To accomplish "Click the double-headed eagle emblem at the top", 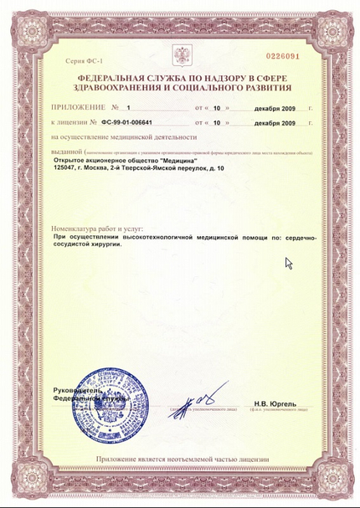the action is [182, 57].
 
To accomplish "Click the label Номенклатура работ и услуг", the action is [97, 228].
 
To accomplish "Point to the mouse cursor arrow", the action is [289, 263].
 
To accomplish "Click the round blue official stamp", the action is [98, 413].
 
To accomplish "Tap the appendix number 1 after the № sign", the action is [128, 108].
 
